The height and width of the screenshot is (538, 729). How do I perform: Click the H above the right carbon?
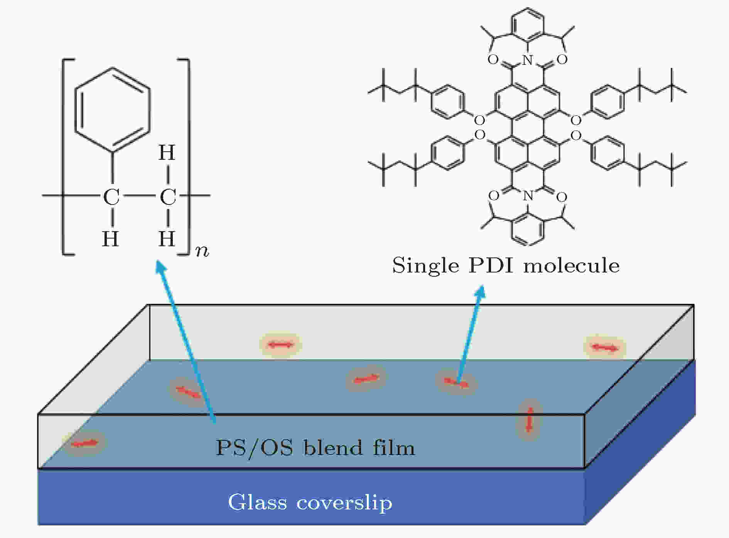coord(167,152)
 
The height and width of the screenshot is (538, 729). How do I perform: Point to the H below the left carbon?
coord(110,239)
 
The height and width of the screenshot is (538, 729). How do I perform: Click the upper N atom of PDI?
coord(528,60)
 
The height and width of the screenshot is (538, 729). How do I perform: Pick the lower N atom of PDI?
coord(528,196)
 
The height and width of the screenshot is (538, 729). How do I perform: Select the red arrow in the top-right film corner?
coord(604,348)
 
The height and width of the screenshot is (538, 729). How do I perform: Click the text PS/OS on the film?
coord(254,448)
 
